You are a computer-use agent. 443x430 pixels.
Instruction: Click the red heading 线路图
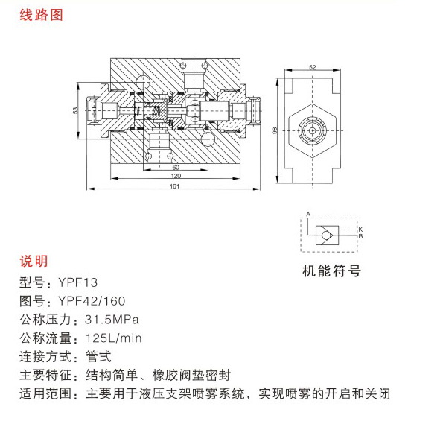point(41,15)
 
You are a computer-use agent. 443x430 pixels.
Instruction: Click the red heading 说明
point(34,261)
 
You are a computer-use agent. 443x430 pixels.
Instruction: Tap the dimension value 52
point(312,67)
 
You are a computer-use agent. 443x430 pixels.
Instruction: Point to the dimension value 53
point(75,110)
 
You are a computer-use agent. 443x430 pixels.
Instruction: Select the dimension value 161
point(174,186)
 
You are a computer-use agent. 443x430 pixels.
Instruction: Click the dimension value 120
point(176,176)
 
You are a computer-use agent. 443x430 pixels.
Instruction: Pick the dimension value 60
point(176,168)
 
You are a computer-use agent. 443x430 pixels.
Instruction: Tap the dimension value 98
point(274,130)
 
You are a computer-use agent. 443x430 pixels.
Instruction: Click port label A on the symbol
point(308,214)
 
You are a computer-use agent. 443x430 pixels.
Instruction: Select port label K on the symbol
point(360,230)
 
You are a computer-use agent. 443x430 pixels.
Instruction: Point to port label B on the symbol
point(360,236)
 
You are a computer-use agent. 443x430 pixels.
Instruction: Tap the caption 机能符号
point(331,271)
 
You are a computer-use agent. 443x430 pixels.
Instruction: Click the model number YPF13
point(77,282)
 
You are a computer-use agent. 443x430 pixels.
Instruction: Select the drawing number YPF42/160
point(92,301)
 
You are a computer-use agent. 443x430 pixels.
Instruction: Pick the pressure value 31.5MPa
point(112,320)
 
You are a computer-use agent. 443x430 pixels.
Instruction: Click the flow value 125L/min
point(114,338)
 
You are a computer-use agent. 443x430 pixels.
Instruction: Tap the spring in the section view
point(156,111)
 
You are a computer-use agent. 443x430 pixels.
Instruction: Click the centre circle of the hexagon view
point(312,130)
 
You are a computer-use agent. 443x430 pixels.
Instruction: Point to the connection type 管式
point(98,357)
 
